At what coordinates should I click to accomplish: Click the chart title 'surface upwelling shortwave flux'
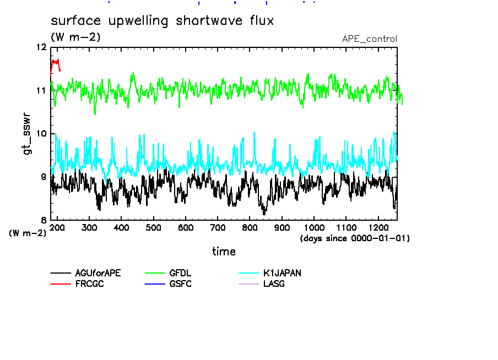[x=162, y=21]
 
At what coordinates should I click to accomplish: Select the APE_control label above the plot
[x=369, y=39]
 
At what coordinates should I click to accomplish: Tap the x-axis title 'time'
[x=224, y=252]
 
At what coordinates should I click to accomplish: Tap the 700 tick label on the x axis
[x=218, y=227]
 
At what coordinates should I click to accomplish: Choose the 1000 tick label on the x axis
[x=314, y=227]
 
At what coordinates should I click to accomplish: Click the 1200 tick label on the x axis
[x=378, y=227]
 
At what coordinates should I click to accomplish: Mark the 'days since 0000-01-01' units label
[x=355, y=238]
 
